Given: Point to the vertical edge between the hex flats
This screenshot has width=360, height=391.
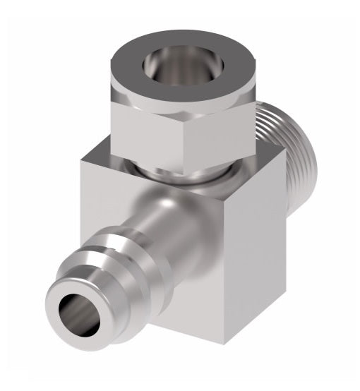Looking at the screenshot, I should (189, 138).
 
